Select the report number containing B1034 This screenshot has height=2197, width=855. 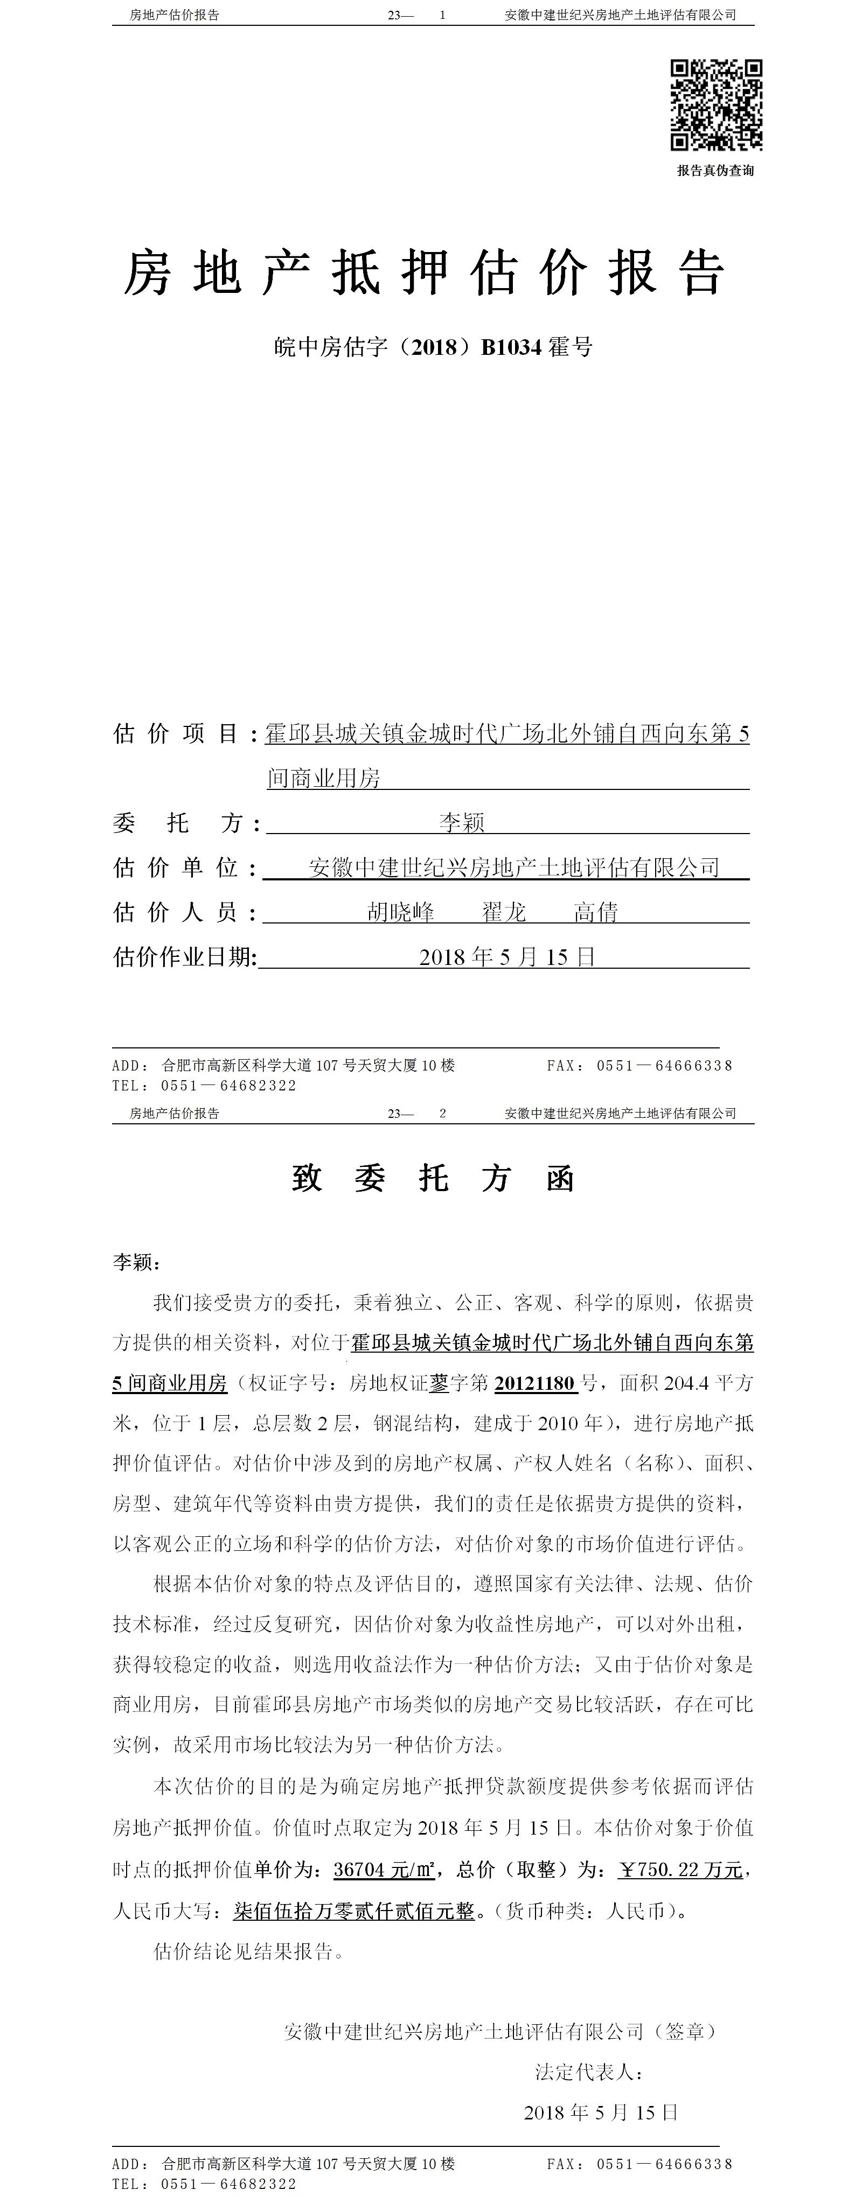pos(433,347)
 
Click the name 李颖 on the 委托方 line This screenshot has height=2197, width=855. pos(462,822)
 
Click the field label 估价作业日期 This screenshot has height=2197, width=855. pos(184,957)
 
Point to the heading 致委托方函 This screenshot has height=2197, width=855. pos(433,1179)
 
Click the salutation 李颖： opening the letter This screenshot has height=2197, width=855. pos(136,1262)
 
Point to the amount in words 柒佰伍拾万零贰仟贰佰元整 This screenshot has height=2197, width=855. pos(353,1911)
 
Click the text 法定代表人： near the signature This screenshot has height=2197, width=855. pos(589,2072)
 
